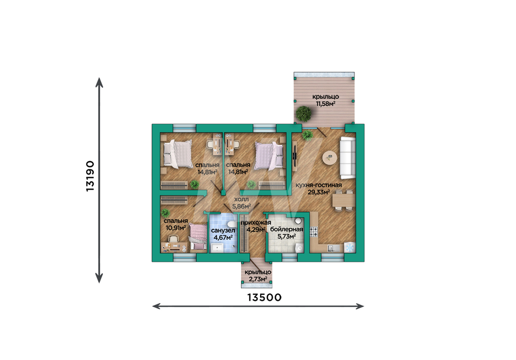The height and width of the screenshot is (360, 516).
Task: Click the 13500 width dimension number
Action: [264, 298]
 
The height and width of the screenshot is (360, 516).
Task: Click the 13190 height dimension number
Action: [90, 176]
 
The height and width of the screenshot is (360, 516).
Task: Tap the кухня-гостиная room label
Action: [318, 185]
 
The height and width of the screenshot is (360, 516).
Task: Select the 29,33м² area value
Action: [318, 192]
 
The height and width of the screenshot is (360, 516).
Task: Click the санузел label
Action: [223, 230]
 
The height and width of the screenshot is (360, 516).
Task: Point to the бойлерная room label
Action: [286, 229]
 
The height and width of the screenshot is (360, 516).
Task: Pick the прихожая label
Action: [256, 223]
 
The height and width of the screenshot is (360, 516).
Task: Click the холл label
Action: [241, 199]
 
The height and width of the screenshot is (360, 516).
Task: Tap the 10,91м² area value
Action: [176, 228]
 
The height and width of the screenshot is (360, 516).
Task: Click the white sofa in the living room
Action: [347, 158]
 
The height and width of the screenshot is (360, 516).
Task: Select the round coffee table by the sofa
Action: [329, 158]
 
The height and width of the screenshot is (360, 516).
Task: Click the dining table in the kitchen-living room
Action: [344, 200]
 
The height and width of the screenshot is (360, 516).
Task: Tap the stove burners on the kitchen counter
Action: [314, 232]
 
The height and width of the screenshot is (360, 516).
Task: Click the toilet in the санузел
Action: [232, 219]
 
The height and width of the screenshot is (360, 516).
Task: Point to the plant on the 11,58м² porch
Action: [303, 114]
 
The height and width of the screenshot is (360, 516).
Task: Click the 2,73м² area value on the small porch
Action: [258, 279]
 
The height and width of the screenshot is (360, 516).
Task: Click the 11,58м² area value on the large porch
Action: [326, 104]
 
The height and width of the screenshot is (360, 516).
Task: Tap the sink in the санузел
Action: [218, 248]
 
